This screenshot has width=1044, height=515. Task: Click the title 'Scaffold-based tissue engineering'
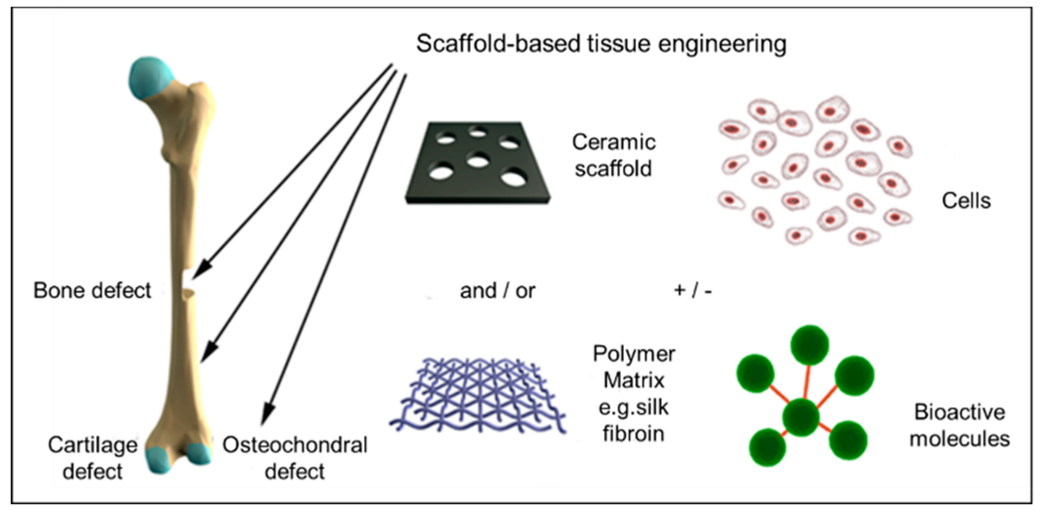(x=601, y=44)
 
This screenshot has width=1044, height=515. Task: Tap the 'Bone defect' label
(x=92, y=290)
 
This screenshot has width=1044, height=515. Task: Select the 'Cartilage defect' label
(x=93, y=458)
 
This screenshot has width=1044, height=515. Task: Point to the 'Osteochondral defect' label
(x=295, y=458)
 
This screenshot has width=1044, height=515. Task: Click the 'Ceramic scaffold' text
(x=614, y=155)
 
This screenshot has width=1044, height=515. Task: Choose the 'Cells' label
(x=966, y=201)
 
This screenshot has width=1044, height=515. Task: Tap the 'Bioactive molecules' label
(x=959, y=426)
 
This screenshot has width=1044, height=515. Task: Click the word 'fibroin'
(x=633, y=433)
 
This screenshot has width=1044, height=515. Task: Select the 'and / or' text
(x=498, y=291)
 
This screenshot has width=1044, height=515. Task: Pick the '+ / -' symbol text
(x=693, y=290)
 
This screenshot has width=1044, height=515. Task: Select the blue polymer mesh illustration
(x=478, y=396)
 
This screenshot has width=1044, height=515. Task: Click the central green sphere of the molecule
(x=801, y=417)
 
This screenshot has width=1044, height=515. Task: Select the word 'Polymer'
(x=633, y=354)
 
